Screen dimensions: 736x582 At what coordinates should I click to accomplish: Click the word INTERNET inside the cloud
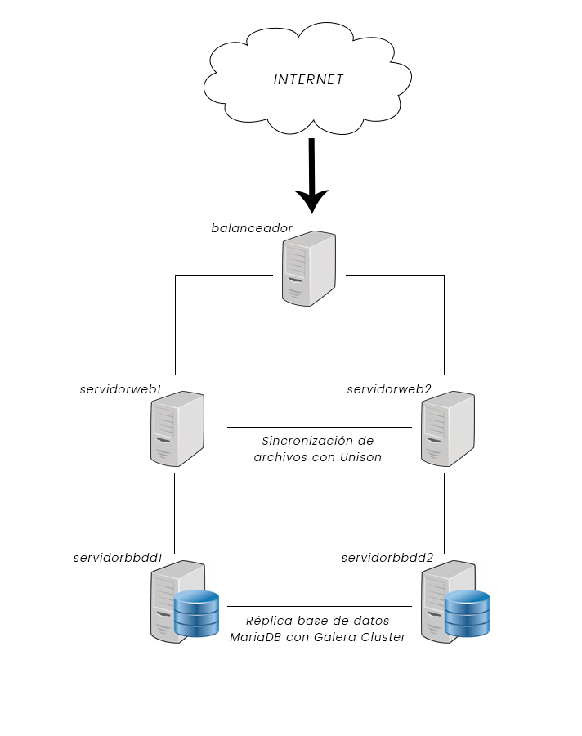click(308, 80)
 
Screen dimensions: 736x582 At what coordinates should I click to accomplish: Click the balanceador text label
click(252, 227)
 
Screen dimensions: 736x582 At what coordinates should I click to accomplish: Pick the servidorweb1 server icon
click(177, 429)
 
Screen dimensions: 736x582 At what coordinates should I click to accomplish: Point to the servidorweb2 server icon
click(446, 429)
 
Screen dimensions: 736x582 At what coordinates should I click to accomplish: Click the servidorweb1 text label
click(120, 389)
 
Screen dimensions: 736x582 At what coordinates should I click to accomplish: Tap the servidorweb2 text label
click(389, 389)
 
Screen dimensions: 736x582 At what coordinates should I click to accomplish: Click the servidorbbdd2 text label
click(387, 558)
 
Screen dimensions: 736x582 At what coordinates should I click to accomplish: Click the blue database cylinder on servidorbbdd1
click(197, 613)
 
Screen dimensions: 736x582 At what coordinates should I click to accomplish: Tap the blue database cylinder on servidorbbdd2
click(467, 613)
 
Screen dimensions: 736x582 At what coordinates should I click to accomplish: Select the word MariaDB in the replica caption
click(257, 637)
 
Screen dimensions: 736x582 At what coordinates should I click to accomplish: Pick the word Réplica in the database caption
click(268, 621)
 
